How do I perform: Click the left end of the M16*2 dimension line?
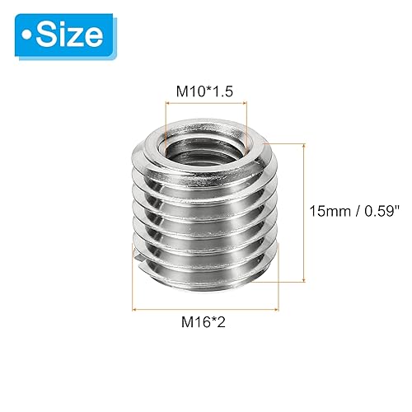134,310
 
